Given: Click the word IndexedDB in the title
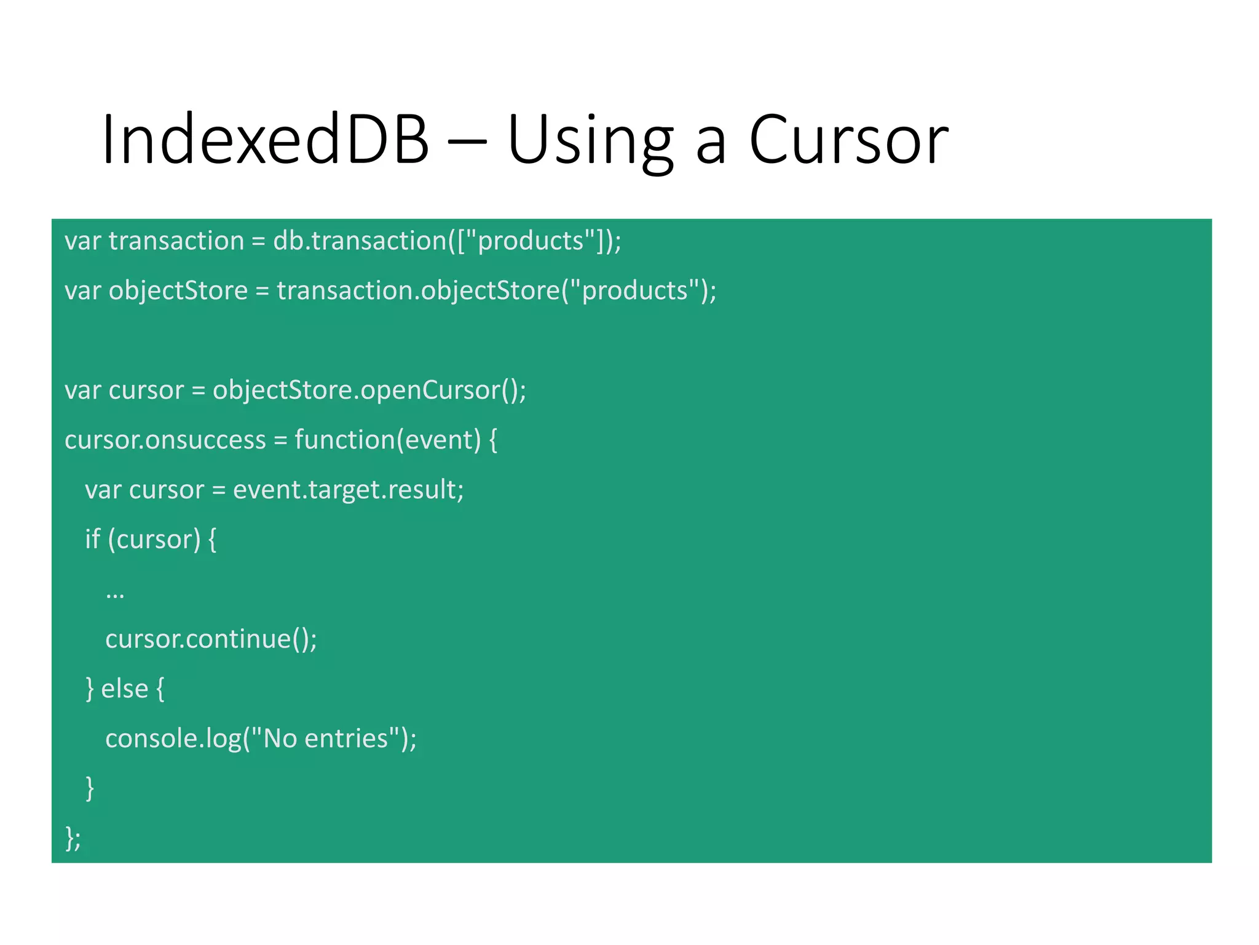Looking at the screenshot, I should (x=265, y=140).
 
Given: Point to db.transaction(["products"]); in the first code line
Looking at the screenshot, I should (x=447, y=241).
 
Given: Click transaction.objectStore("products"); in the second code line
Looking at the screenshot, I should (x=496, y=291).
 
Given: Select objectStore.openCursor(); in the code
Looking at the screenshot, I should (x=369, y=391).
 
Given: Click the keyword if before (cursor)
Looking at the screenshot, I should (x=92, y=540).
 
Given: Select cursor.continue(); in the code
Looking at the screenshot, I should (x=211, y=639).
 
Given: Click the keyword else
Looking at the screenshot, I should (x=124, y=689).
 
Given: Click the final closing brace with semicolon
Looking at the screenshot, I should (x=73, y=839).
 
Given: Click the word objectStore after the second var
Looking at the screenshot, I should (x=178, y=291).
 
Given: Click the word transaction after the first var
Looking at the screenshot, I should (x=176, y=241).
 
